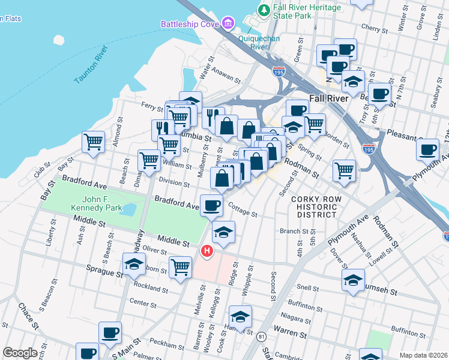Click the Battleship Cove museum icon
228,24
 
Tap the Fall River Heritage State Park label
307,11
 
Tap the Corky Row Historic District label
316,207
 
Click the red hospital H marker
207,250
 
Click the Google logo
20,353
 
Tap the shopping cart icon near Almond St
93,142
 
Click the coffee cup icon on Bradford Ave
211,206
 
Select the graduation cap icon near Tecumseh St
353,279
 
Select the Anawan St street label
228,78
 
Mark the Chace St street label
28,317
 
